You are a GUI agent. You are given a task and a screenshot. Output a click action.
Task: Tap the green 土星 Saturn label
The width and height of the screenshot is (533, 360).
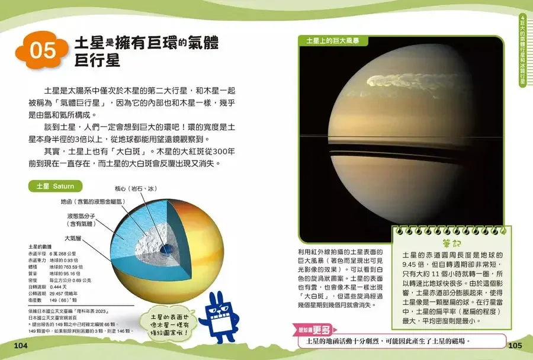(55, 186)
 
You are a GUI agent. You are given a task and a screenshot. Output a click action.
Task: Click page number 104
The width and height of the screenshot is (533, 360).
(21, 345)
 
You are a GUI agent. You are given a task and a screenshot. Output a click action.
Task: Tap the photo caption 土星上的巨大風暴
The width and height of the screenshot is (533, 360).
(333, 41)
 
